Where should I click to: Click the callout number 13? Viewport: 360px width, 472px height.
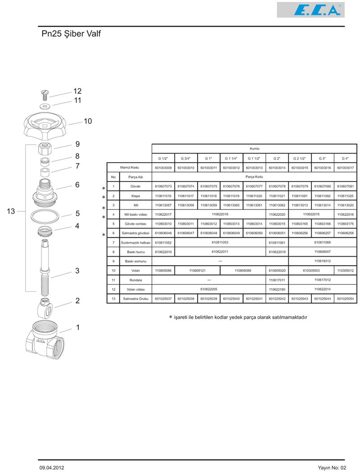pos(11,211)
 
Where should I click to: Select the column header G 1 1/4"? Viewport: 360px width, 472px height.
pos(232,159)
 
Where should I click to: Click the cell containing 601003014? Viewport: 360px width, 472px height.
pos(277,168)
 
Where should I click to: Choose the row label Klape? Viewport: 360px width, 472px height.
pos(136,196)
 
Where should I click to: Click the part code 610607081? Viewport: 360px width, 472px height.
pos(345,186)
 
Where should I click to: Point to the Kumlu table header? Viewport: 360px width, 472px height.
pos(254,149)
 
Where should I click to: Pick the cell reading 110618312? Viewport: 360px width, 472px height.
pos(323,261)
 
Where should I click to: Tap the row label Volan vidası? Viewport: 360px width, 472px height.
pos(136,289)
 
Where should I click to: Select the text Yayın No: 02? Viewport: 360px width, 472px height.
pos(332,467)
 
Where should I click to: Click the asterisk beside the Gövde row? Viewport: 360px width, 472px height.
pos(103,188)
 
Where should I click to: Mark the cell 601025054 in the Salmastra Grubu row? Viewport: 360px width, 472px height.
pos(345,299)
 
